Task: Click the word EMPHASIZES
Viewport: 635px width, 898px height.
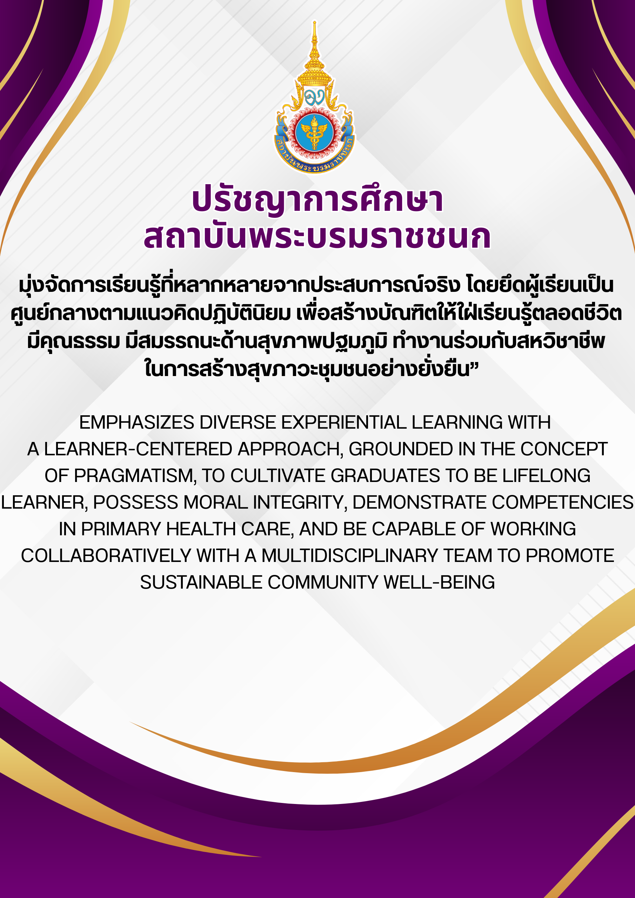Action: click(137, 422)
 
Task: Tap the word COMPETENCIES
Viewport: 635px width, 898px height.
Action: click(562, 503)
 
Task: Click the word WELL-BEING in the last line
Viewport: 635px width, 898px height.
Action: click(439, 582)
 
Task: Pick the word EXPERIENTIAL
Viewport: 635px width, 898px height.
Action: click(344, 422)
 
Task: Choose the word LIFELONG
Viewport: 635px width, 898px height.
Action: click(546, 476)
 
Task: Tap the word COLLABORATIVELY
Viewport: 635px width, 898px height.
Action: click(106, 556)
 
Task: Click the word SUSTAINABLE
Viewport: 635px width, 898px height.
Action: click(201, 582)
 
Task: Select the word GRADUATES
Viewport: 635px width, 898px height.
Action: click(385, 476)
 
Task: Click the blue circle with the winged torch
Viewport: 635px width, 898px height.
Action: click(314, 133)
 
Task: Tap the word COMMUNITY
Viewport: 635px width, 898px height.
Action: click(323, 582)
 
